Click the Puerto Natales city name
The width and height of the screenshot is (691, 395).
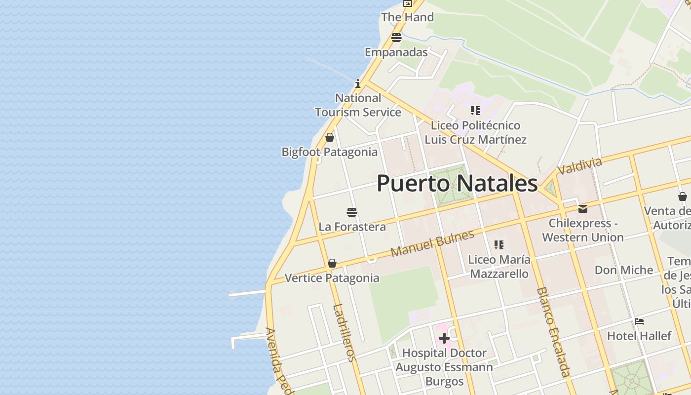[x=457, y=183]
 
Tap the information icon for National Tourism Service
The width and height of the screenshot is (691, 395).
[x=358, y=83]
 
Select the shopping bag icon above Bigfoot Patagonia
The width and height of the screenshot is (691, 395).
[x=330, y=137]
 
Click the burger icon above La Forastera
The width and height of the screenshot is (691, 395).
[x=352, y=212]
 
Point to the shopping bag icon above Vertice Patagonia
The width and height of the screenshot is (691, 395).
[x=332, y=263]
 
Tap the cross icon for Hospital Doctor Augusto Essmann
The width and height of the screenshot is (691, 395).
[x=444, y=338]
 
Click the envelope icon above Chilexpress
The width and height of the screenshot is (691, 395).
[x=583, y=209]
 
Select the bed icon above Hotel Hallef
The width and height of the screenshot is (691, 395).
[x=639, y=321]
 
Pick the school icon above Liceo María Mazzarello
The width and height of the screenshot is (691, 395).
[x=499, y=245]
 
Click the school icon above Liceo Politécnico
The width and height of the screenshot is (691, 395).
[x=475, y=111]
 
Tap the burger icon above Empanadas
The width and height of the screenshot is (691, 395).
[x=396, y=38]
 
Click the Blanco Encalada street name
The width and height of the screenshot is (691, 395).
[x=553, y=332]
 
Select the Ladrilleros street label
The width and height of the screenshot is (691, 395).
[x=344, y=332]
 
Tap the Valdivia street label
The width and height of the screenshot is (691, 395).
[x=580, y=166]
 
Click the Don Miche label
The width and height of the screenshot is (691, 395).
[x=624, y=270]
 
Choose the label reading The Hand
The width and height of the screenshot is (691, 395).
[x=407, y=17]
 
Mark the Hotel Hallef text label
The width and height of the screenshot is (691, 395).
[x=639, y=336]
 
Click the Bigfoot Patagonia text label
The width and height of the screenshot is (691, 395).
[x=330, y=152]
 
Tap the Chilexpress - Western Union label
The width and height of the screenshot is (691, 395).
[x=583, y=230]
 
